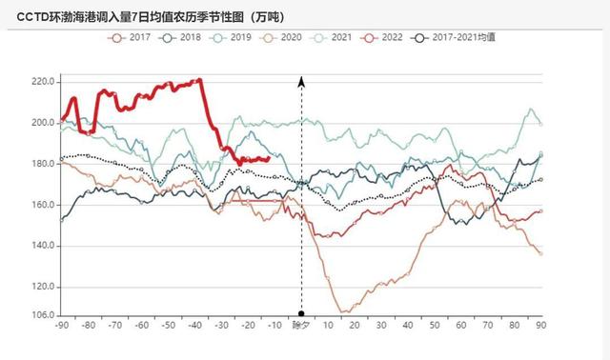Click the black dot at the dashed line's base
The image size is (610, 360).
pos(301,314)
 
